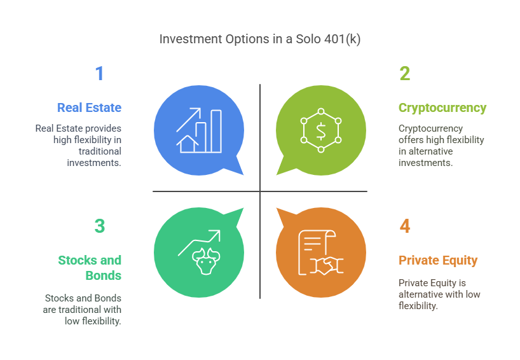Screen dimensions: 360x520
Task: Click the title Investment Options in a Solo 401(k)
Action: pos(259,39)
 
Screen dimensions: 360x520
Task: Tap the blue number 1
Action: pos(99,74)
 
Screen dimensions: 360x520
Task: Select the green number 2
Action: pos(404,74)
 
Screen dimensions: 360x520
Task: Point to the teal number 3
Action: pos(99,226)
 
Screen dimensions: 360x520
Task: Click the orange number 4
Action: pos(405,226)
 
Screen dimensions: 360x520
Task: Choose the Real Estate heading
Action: pos(89,107)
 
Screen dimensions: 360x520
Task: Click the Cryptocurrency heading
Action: pos(442,107)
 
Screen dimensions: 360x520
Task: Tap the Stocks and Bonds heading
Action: pos(90,268)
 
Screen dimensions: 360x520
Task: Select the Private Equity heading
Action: pos(438,260)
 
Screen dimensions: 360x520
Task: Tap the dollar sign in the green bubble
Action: pos(321,131)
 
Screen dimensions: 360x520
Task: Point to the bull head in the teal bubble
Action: pos(205,263)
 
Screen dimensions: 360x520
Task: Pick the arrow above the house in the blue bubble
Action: pos(189,119)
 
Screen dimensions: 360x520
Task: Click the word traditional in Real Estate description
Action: pos(100,151)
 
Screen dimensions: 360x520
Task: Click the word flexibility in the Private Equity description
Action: pos(419,305)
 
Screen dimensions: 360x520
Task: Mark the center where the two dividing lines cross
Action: pos(260,191)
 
